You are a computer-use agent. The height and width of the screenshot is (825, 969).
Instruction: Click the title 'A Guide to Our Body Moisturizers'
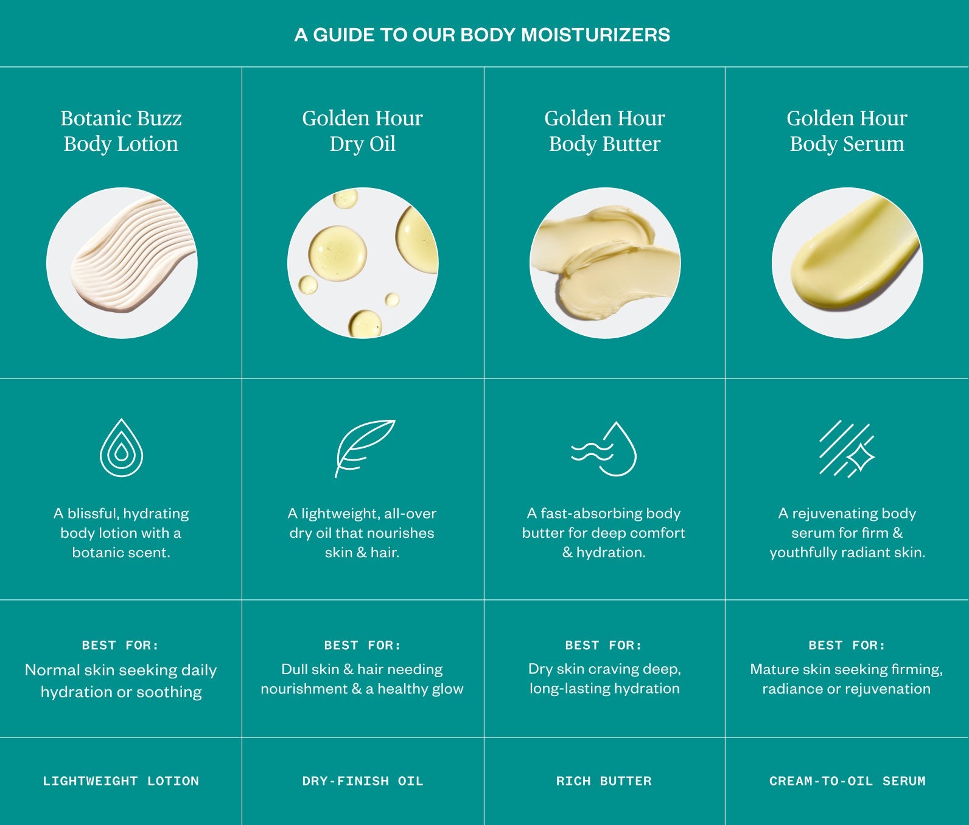[482, 35]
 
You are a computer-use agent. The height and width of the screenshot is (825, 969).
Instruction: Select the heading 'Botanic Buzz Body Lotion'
[121, 131]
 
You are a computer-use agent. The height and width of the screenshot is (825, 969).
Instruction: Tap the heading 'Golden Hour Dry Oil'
[362, 131]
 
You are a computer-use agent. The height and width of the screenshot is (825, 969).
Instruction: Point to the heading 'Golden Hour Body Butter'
[604, 131]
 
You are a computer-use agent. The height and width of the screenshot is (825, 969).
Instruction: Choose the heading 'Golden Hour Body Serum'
[847, 131]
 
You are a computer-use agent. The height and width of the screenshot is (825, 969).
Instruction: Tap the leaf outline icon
[363, 447]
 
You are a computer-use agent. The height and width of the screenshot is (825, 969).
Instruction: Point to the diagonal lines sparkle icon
[846, 448]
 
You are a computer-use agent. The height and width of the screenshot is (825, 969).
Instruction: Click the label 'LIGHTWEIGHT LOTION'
[121, 781]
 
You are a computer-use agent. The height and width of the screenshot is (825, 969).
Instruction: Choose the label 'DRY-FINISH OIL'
[362, 781]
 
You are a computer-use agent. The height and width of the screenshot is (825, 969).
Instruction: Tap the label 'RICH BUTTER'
[604, 781]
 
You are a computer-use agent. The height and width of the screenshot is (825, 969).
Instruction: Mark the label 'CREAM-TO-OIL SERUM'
[847, 781]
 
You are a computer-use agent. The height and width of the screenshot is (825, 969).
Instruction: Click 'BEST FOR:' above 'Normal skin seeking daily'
[121, 645]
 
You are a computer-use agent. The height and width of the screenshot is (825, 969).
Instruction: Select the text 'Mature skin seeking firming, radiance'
[846, 679]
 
